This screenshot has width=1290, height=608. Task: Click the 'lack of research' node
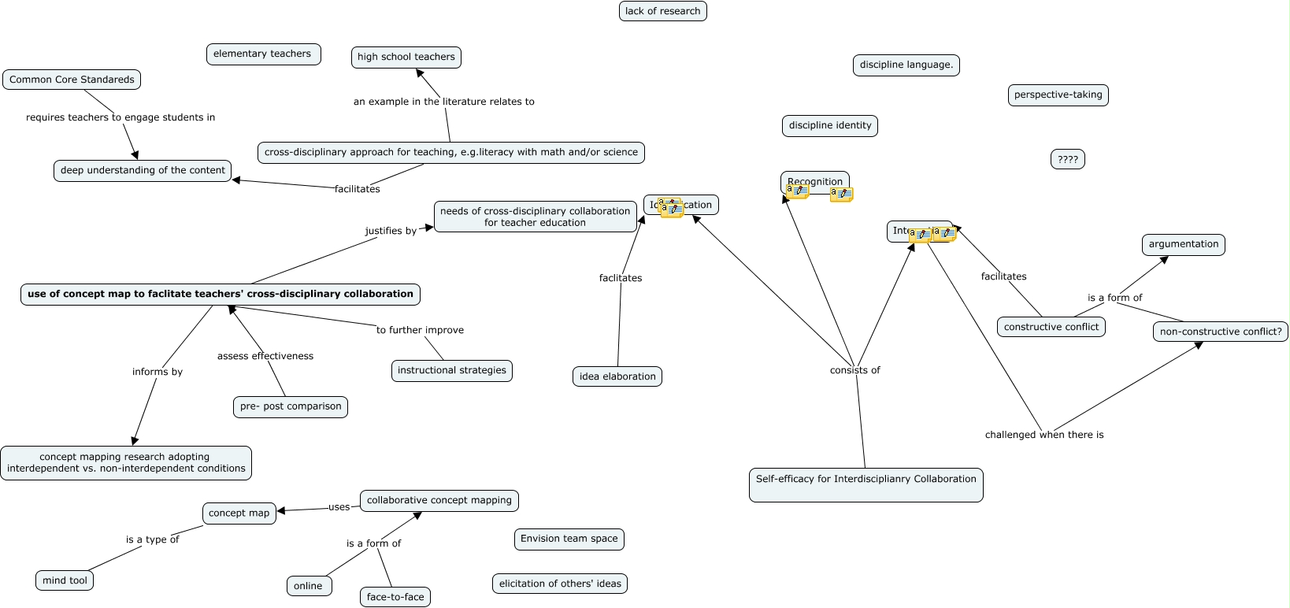point(662,11)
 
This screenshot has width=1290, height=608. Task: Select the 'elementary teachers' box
point(262,54)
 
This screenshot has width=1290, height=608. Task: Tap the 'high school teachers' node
point(406,57)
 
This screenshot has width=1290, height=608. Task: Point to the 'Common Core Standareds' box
point(72,80)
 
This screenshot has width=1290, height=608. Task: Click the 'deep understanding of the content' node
point(143,170)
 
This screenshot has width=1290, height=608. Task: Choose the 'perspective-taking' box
point(1058,95)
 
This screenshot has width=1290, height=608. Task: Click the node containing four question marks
point(1067,159)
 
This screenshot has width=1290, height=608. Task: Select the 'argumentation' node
point(1183,244)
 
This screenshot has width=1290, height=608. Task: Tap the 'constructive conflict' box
point(1051,327)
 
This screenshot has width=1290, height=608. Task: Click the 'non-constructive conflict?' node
point(1220,332)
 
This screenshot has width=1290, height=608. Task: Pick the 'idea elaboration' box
point(617,376)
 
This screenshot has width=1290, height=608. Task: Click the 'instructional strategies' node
point(451,370)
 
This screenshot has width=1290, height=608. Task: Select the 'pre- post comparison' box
point(291,406)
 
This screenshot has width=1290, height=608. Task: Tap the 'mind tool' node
point(65,580)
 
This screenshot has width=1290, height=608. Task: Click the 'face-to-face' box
point(395,597)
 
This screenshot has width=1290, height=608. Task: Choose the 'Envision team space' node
point(569,539)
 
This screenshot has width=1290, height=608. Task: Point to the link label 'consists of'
point(854,370)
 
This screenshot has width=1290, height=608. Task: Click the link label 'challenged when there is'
point(1043,435)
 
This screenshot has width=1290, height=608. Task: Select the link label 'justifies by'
point(391,231)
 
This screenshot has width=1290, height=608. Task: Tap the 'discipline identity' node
point(830,125)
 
